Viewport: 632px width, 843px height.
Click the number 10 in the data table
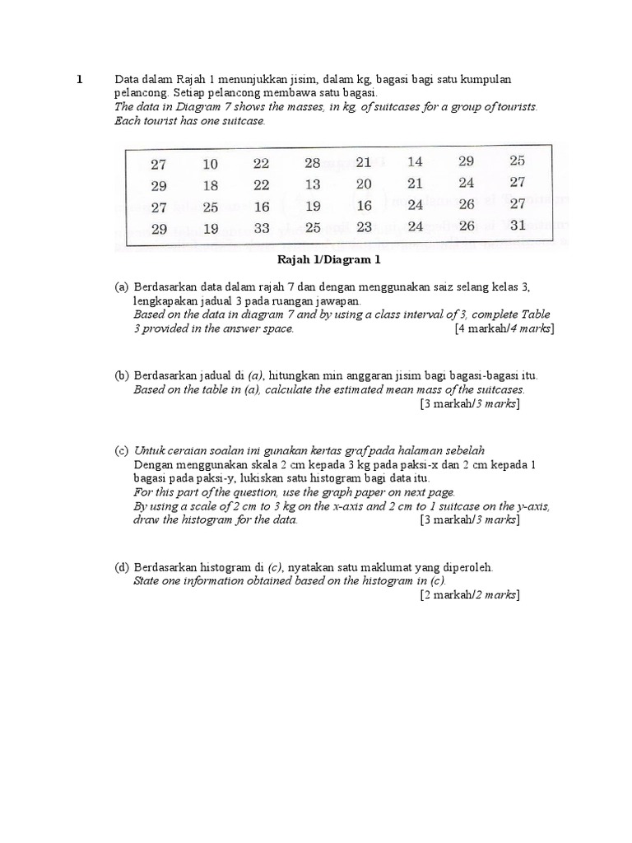pos(211,165)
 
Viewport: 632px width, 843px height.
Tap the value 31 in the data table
pos(517,225)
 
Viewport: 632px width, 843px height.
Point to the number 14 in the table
pos(415,162)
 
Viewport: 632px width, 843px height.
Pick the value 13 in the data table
pos(313,184)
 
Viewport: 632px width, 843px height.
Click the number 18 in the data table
pos(211,186)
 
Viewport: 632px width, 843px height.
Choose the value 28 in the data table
pos(313,163)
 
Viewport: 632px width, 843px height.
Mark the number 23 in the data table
pos(364,227)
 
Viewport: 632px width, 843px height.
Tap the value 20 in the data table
pos(364,184)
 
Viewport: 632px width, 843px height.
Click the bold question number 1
pos(80,80)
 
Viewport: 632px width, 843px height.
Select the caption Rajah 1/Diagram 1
pos(328,261)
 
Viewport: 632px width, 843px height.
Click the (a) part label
pos(122,286)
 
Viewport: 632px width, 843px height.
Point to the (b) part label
pos(122,375)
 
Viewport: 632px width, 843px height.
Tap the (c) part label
pos(122,450)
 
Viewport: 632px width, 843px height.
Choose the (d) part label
pos(122,567)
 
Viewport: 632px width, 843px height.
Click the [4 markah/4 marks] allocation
pos(504,328)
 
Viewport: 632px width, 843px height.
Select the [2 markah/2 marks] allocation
pos(470,594)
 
